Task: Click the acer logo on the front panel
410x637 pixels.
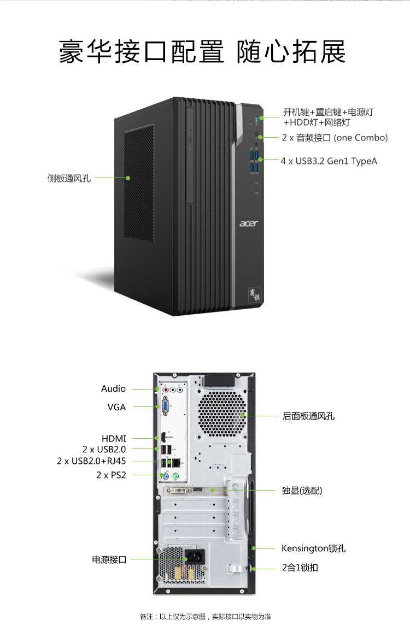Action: coord(249,223)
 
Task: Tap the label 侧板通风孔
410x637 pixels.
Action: coord(69,178)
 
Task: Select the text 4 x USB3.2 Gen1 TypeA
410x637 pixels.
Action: coord(329,161)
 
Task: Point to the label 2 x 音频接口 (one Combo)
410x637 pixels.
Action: coord(335,138)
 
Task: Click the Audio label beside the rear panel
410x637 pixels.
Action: coord(113,389)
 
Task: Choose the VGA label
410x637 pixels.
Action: coord(116,407)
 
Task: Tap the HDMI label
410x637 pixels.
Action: coord(114,439)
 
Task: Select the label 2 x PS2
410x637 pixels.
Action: coord(111,475)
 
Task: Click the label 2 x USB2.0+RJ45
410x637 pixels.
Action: coord(91,461)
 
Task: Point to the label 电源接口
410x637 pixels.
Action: coord(109,560)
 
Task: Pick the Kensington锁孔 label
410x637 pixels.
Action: coord(313,548)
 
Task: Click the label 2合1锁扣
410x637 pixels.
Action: coord(300,568)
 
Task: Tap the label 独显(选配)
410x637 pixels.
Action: coord(302,491)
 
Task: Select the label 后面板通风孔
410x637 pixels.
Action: coord(308,416)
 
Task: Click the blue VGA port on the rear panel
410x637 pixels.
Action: coord(166,406)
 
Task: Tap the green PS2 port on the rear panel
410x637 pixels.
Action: coord(175,476)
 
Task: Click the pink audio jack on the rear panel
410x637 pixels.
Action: coord(166,390)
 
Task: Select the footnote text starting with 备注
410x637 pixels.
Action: coord(205,617)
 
